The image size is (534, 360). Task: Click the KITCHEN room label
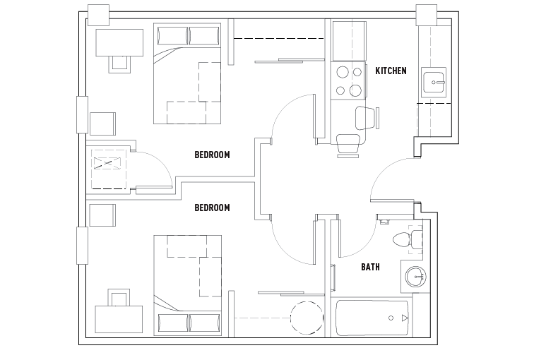click(x=391, y=71)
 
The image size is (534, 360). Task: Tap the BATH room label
click(x=371, y=267)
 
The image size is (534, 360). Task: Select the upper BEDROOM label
click(x=212, y=155)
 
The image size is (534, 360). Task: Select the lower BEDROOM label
click(x=212, y=208)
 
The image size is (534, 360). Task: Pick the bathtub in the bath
click(x=371, y=317)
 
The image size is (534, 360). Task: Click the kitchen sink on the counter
click(x=433, y=83)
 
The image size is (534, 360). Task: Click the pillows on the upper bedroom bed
click(x=189, y=35)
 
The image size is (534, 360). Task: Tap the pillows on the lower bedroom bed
click(x=189, y=323)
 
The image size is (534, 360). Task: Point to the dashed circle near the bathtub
click(x=306, y=318)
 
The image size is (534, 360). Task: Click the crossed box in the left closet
click(x=107, y=164)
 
